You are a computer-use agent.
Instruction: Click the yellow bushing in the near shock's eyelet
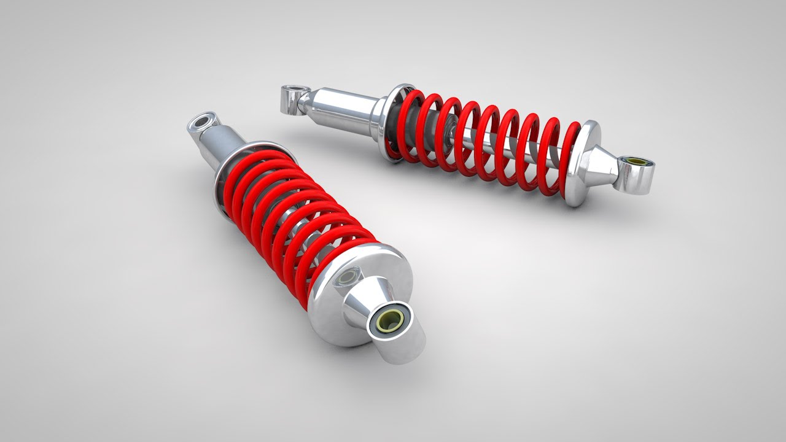389,321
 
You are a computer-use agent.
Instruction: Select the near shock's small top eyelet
201,122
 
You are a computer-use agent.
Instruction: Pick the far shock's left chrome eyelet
292,97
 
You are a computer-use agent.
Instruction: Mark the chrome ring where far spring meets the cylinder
393,123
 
